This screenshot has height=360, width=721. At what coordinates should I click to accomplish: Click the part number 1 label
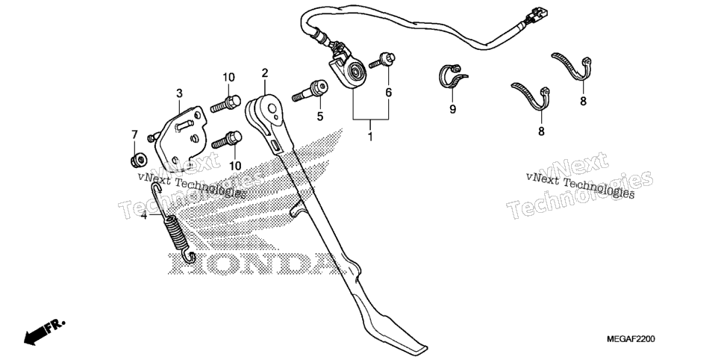[370, 137]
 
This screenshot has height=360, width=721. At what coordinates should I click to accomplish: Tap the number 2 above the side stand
[264, 72]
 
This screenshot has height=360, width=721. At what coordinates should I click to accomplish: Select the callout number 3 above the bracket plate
[179, 93]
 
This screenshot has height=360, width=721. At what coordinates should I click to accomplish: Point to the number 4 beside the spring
[144, 215]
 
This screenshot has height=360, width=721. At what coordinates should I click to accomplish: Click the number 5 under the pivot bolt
[320, 117]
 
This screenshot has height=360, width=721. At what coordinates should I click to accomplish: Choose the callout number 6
[389, 93]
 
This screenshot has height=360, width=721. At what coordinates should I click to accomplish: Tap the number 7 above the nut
[134, 135]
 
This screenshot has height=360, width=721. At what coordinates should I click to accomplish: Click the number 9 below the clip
[452, 109]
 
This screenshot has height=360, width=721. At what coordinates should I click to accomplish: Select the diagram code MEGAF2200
[631, 339]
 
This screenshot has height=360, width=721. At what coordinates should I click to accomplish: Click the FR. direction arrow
[45, 332]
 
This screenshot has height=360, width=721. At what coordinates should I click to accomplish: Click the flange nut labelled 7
[138, 160]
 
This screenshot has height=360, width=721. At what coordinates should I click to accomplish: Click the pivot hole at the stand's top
[272, 108]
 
